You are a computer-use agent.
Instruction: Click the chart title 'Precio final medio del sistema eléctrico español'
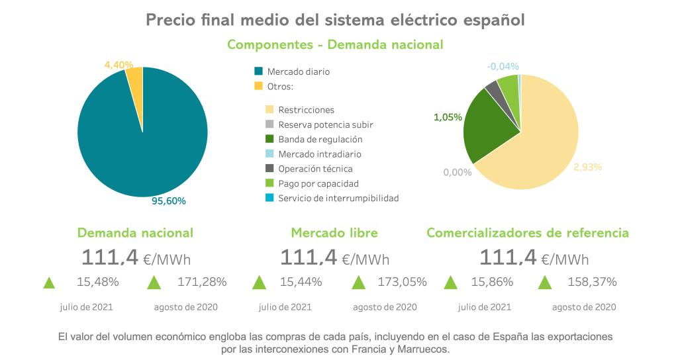(335, 20)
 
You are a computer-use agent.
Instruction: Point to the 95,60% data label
(169, 201)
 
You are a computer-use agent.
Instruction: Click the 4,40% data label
(119, 65)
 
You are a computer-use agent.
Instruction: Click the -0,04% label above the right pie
(503, 66)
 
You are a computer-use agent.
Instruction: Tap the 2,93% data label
(587, 167)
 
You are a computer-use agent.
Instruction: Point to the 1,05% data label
(448, 117)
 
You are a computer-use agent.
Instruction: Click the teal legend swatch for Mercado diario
(259, 71)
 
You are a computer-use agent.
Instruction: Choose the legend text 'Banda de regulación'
(320, 140)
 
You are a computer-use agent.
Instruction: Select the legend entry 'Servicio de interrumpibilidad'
(338, 198)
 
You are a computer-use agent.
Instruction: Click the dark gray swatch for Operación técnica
(269, 169)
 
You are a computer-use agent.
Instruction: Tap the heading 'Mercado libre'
(334, 233)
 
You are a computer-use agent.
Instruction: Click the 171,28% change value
(202, 282)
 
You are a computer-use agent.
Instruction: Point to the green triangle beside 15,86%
(450, 283)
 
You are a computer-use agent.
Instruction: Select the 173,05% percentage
(402, 282)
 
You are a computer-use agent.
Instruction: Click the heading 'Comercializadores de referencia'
(528, 233)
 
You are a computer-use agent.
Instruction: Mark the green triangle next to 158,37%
(545, 283)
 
